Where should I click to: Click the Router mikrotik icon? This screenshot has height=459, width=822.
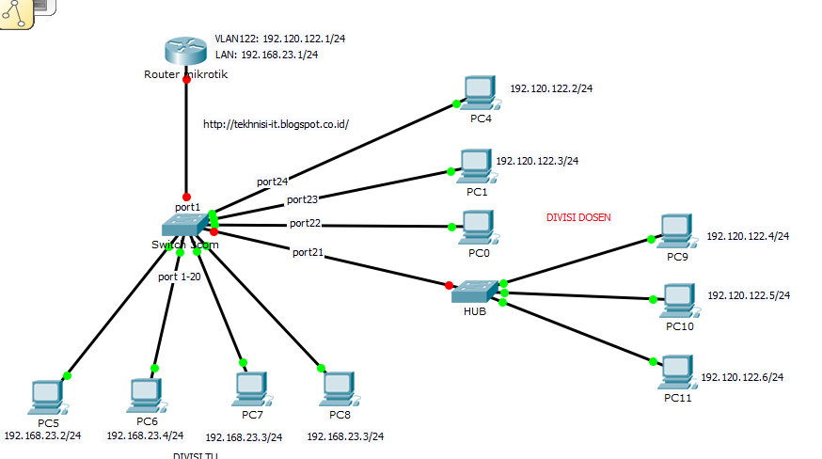pyautogui.click(x=186, y=52)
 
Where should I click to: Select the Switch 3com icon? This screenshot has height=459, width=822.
pyautogui.click(x=184, y=226)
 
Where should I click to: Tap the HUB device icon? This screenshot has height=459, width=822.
pyautogui.click(x=475, y=293)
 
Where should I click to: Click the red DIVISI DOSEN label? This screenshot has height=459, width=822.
pyautogui.click(x=578, y=217)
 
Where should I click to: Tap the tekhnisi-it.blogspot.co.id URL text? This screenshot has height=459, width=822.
pyautogui.click(x=276, y=123)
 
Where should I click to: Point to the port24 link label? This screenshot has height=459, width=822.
pyautogui.click(x=273, y=181)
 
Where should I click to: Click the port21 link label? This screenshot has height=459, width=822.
pyautogui.click(x=308, y=252)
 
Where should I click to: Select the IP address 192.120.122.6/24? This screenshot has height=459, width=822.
pyautogui.click(x=742, y=377)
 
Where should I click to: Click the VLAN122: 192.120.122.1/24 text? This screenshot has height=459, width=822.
pyautogui.click(x=266, y=40)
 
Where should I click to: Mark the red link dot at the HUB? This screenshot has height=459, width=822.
pyautogui.click(x=449, y=285)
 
